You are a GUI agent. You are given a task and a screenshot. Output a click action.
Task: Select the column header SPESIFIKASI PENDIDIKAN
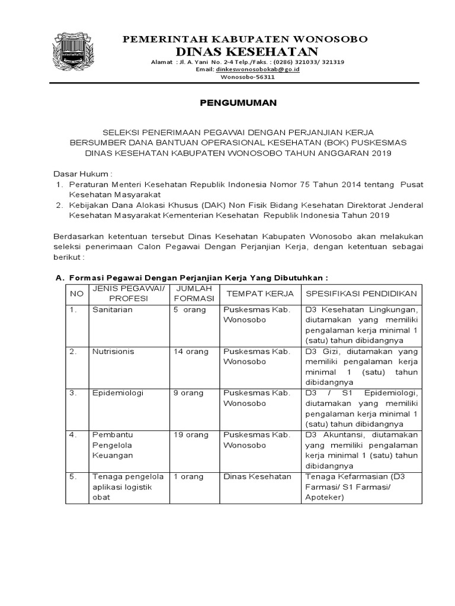tap(361, 294)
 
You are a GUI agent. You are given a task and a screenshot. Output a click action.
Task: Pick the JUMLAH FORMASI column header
tap(191, 294)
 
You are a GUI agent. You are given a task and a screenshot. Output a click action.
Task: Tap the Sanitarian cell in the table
tap(112, 310)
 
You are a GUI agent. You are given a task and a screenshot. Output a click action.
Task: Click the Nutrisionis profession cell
tap(113, 352)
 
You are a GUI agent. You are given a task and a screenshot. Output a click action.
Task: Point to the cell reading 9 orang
tap(189, 393)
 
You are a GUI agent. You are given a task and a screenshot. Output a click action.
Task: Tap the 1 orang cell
tap(188, 476)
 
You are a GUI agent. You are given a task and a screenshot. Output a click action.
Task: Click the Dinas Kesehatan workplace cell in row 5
tap(257, 476)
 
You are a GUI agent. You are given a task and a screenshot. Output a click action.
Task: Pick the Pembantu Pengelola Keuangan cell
tap(113, 445)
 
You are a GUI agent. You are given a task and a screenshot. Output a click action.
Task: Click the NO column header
tap(76, 294)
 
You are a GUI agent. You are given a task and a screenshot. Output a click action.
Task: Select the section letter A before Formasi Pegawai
tap(58, 278)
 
